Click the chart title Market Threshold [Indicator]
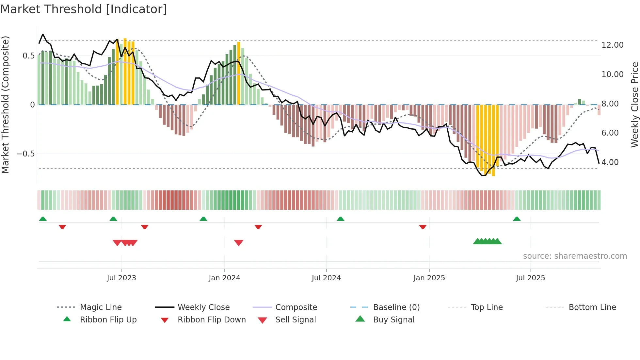(x=84, y=9)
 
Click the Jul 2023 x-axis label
(x=121, y=278)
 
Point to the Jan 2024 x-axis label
(x=224, y=278)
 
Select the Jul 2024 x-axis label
(x=326, y=278)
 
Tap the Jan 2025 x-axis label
(x=429, y=278)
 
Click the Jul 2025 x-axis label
(x=531, y=278)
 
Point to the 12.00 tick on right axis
(x=612, y=45)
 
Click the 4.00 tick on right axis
(x=610, y=162)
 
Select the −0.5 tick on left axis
(x=26, y=154)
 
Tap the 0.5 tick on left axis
(x=29, y=56)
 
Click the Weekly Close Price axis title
(x=634, y=105)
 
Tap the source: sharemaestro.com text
(x=575, y=256)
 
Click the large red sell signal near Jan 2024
(x=239, y=243)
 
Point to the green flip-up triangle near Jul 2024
(x=340, y=219)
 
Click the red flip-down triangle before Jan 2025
(x=423, y=227)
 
